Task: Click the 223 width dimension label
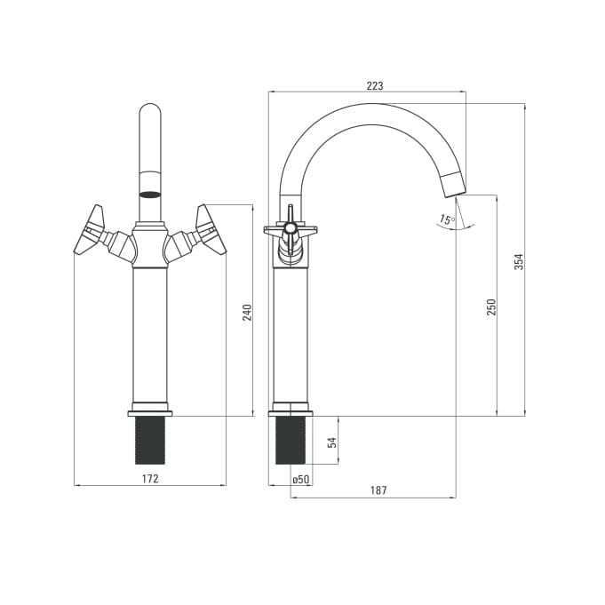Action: tap(375, 85)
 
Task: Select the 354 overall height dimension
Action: tap(519, 261)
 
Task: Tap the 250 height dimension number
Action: tap(490, 307)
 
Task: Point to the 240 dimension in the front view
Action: tap(247, 313)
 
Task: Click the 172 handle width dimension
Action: tap(150, 479)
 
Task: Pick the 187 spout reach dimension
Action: tap(378, 490)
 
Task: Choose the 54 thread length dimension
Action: tap(332, 442)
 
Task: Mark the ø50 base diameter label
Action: tap(301, 480)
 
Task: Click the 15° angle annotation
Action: tap(447, 220)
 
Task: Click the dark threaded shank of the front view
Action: tap(150, 441)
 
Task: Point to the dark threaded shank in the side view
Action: tap(291, 441)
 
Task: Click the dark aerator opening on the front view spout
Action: tap(150, 195)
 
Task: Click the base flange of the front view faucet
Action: tap(150, 414)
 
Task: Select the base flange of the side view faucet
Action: tap(291, 414)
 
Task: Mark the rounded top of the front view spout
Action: tap(150, 112)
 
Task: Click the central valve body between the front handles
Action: tap(150, 245)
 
